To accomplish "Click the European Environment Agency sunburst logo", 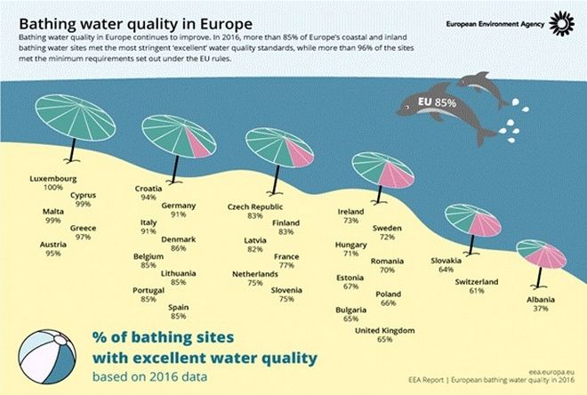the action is (561, 23).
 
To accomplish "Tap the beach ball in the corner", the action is (47, 357).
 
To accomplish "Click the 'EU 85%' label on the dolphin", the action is (437, 102).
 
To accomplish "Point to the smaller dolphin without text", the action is (484, 88).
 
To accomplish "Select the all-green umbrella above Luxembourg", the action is (76, 117).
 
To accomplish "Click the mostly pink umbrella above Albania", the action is (541, 254).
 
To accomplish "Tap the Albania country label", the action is (541, 300).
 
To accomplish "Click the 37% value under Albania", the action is (541, 309).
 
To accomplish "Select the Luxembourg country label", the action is (53, 179).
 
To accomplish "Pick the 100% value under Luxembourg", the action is (53, 187).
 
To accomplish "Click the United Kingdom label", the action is (385, 331).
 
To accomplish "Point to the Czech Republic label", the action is (255, 206).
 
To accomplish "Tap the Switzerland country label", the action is (477, 281).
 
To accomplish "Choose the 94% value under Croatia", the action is (149, 197).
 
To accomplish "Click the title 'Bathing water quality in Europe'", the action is (135, 24).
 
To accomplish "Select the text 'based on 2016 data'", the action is (149, 376).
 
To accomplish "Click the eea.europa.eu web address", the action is (551, 372).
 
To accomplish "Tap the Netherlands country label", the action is (255, 274).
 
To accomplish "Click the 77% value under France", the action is (286, 265).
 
